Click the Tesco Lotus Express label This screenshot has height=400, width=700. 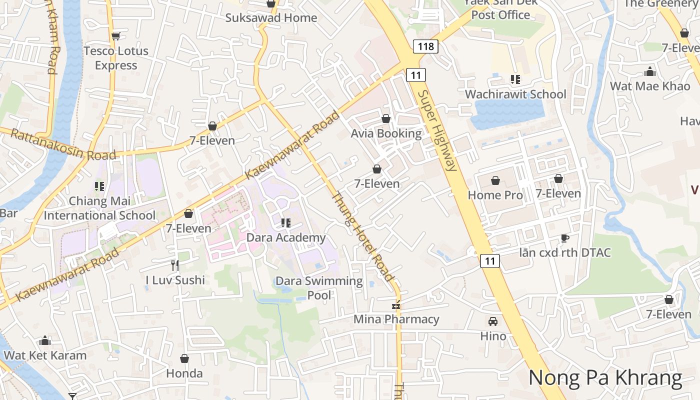pyautogui.click(x=116, y=58)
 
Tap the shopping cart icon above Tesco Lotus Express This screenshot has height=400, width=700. pyautogui.click(x=116, y=36)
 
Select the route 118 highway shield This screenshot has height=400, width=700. pyautogui.click(x=425, y=46)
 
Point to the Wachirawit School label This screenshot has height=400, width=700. pyautogui.click(x=515, y=94)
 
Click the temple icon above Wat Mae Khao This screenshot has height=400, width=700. pyautogui.click(x=650, y=71)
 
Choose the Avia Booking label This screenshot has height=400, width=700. pyautogui.click(x=386, y=133)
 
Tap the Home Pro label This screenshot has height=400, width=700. pyautogui.click(x=495, y=195)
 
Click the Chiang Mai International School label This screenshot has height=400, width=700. pyautogui.click(x=99, y=208)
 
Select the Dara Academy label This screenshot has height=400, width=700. pyautogui.click(x=286, y=237)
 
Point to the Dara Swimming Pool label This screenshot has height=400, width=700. pyautogui.click(x=319, y=287)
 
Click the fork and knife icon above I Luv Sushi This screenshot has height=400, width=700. pyautogui.click(x=174, y=265)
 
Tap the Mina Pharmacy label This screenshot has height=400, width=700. pyautogui.click(x=396, y=319)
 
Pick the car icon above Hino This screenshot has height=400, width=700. pyautogui.click(x=493, y=321)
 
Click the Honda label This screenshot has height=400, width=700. pyautogui.click(x=184, y=373)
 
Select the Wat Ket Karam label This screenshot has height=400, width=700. pyautogui.click(x=45, y=355)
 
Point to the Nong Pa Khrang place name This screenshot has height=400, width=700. pyautogui.click(x=605, y=377)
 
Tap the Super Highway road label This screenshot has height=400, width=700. pyautogui.click(x=438, y=131)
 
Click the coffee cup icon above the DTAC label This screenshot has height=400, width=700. pyautogui.click(x=564, y=238)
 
